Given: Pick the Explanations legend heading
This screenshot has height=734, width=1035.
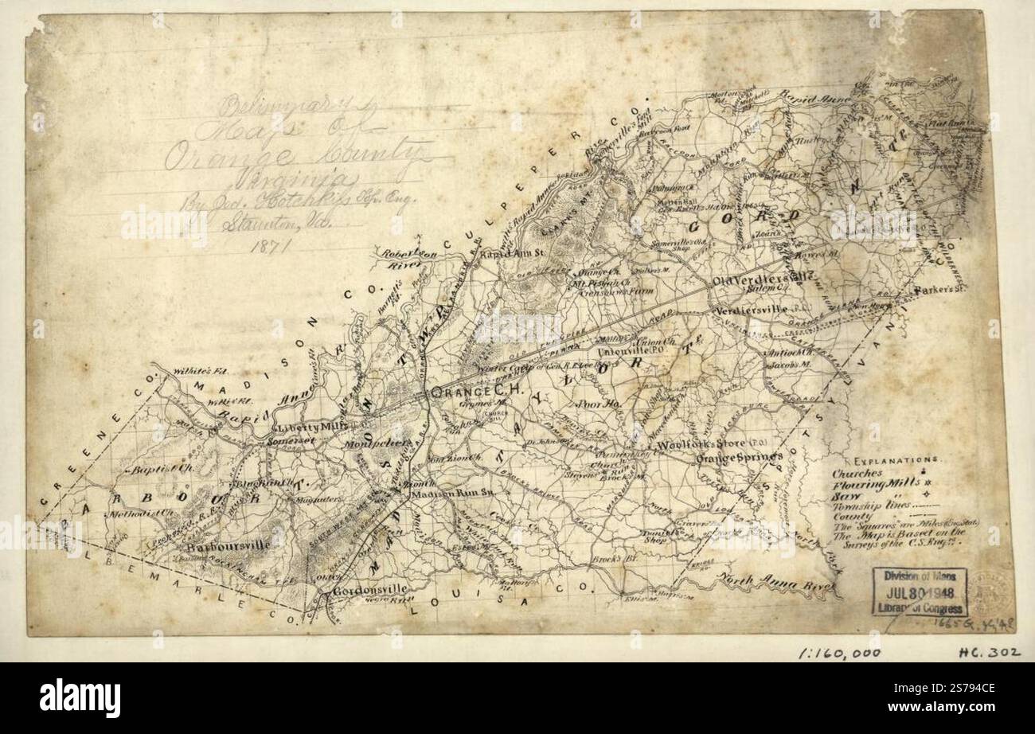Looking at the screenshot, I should (x=895, y=461).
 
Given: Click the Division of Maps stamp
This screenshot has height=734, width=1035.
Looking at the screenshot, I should (x=919, y=591).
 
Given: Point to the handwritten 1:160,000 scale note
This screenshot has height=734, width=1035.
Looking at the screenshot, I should (x=839, y=653).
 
